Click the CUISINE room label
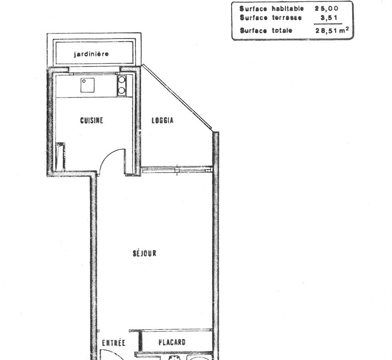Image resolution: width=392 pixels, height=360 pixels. pos(91,121)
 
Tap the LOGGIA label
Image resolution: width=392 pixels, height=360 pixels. pos(162,121)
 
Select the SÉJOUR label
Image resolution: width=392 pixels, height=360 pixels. pos(145,253)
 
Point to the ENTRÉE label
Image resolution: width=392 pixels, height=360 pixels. pos(113,343)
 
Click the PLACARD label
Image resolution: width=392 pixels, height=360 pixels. pos(172,342)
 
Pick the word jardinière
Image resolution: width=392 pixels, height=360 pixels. pos(91,54)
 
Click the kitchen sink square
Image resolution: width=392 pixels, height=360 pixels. pos(88,85)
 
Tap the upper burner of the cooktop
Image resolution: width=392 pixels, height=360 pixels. pos(122,80)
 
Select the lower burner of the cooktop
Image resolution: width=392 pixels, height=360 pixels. pos(122,90)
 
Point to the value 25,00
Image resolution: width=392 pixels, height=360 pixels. pos(326,9)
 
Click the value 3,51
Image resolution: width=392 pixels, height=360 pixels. pos(329,18)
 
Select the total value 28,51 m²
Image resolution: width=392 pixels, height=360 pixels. pos(332,30)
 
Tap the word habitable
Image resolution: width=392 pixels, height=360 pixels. pos(288,9)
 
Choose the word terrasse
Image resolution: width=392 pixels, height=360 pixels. pos(287,18)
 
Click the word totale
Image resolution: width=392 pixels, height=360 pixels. pos(282,30)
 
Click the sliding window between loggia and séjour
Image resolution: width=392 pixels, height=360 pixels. pos(177,170)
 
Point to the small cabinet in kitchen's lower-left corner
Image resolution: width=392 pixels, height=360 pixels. pos(60,157)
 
